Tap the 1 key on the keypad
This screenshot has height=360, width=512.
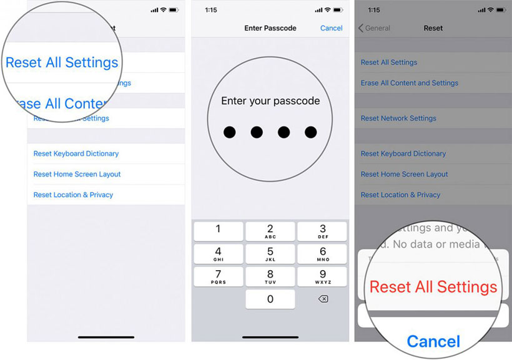[218, 231]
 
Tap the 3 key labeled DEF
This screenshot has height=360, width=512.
[323, 231]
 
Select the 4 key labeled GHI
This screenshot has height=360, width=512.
[218, 254]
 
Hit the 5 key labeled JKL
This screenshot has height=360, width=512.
[270, 254]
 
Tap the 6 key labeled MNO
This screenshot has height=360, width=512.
[323, 254]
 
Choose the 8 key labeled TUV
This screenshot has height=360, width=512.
[270, 276]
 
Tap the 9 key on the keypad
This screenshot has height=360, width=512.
[323, 276]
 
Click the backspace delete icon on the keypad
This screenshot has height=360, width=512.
[323, 299]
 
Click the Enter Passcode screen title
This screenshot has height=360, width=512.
[270, 28]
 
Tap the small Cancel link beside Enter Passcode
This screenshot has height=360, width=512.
[331, 28]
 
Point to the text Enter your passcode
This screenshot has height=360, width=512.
[270, 100]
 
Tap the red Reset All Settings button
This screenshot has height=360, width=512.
[433, 287]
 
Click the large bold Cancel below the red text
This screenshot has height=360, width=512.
[433, 341]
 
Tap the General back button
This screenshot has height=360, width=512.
[374, 28]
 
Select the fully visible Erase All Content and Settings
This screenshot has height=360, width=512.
[410, 83]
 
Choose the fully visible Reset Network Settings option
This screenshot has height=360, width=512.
[398, 119]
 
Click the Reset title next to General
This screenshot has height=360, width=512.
[433, 28]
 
